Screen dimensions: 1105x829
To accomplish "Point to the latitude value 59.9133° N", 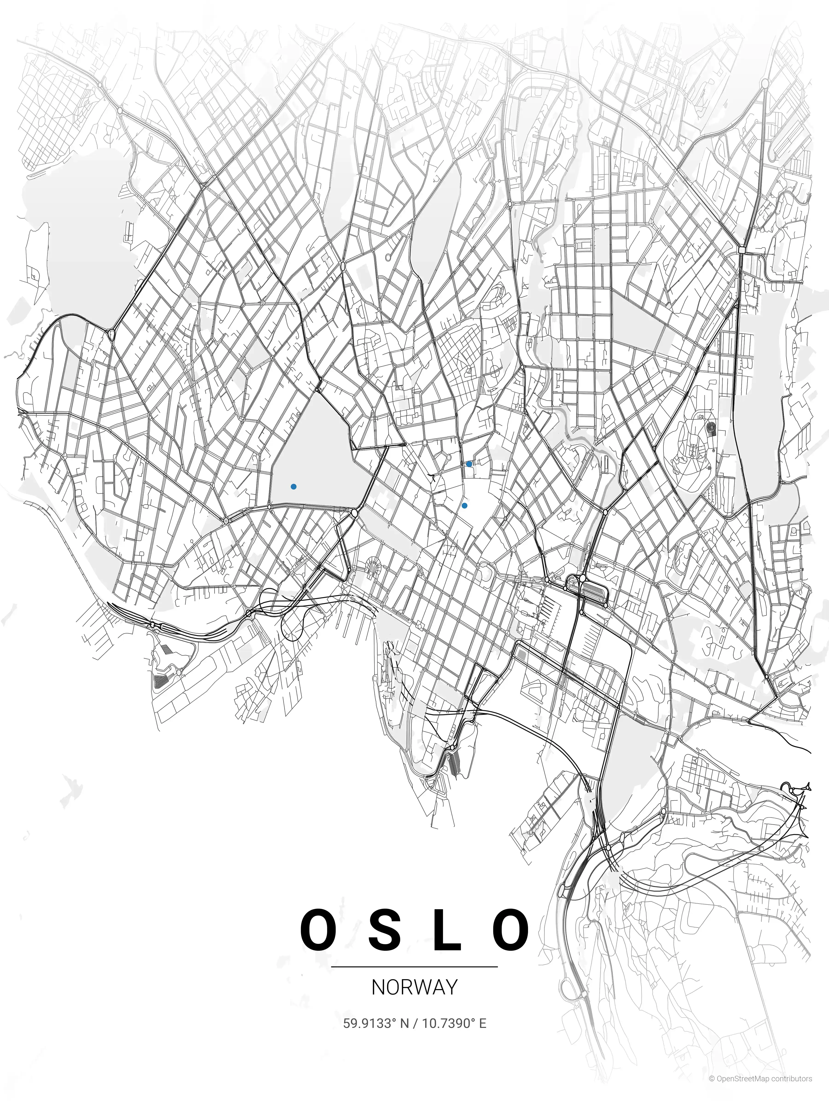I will (376, 1019).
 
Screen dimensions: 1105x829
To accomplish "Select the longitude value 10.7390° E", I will (454, 1019).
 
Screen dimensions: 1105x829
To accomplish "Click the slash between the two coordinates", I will (415, 1019).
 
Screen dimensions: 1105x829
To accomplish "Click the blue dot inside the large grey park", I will (293, 486).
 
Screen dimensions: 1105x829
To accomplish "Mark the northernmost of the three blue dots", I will (469, 464).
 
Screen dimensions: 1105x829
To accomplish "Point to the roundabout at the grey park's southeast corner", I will (354, 512).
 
